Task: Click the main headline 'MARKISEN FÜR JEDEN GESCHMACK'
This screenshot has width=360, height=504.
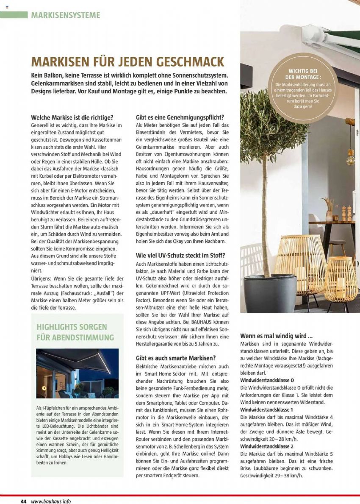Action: tap(127, 62)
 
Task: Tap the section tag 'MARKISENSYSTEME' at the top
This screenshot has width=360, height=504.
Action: tap(66, 15)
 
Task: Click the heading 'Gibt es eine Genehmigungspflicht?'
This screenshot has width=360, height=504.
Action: tap(180, 117)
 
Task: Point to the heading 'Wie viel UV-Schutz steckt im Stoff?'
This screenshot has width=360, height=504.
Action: tap(180, 255)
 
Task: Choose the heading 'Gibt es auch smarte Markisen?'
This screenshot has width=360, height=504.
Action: tap(176, 358)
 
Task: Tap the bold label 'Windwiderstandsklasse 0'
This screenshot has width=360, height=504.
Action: tap(267, 380)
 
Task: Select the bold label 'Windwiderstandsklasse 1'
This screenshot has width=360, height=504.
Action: tap(267, 410)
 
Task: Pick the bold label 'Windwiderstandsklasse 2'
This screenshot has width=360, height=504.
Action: tap(267, 446)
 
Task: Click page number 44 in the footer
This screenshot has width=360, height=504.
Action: tap(24, 501)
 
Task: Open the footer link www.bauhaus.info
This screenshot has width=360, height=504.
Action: tap(51, 501)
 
